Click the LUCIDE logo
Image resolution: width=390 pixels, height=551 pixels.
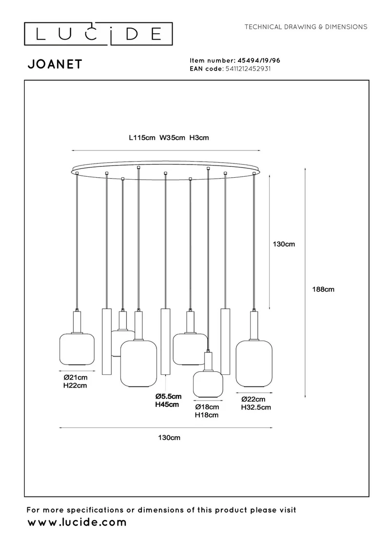click(98, 34)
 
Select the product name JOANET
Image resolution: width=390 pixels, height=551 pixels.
click(55, 64)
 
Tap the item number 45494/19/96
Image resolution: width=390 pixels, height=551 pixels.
click(259, 60)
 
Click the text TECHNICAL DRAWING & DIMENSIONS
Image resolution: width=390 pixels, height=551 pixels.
click(306, 27)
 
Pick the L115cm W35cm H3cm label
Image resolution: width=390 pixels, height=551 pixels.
click(169, 138)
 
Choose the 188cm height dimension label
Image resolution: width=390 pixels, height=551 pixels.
click(323, 290)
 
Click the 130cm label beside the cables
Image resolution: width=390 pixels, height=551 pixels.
click(284, 244)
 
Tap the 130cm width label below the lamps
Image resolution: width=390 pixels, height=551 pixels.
click(169, 438)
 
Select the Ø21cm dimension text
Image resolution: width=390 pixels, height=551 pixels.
click(76, 377)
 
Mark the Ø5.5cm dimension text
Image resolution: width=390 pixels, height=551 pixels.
click(169, 396)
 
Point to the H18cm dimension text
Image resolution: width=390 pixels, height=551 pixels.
click(207, 415)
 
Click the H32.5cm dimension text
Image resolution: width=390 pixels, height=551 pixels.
click(256, 407)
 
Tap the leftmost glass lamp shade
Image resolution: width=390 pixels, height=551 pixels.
click(77, 349)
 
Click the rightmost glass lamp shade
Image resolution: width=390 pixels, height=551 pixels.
click(254, 364)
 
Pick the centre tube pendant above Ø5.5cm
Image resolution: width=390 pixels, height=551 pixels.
click(165, 342)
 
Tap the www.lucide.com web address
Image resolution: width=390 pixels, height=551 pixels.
click(77, 523)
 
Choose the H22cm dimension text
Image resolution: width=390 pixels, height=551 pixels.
click(76, 386)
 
